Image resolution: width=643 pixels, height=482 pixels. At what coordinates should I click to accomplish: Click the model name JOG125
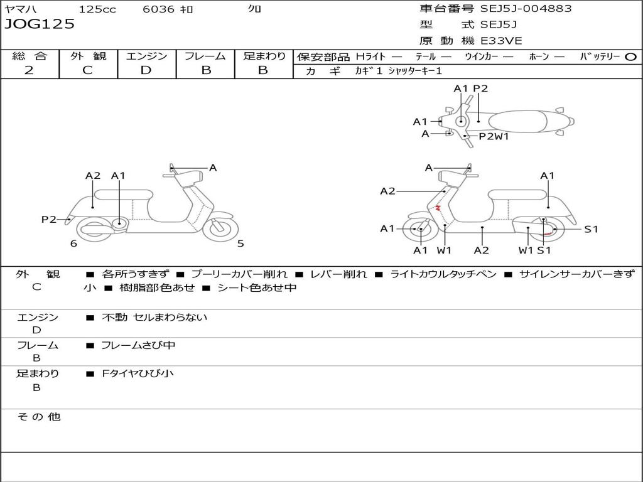point(40,24)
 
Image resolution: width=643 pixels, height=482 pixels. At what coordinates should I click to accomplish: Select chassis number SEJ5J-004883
point(526,9)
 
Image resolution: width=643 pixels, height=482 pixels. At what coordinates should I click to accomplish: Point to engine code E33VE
point(502,41)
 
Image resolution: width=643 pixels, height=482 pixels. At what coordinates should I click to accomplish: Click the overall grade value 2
point(29,70)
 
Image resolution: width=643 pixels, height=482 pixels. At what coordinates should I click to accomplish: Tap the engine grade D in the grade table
point(146,70)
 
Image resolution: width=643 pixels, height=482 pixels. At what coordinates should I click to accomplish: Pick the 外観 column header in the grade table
point(88,56)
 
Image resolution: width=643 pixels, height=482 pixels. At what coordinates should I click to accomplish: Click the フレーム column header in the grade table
point(205,56)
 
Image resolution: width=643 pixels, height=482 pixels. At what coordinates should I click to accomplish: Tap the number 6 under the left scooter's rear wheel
point(73,244)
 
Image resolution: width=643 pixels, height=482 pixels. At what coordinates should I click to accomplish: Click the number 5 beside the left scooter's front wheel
point(240,244)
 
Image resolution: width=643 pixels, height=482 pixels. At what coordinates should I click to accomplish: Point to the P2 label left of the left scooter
point(49,219)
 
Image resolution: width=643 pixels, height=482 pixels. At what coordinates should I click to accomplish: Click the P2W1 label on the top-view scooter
point(494,136)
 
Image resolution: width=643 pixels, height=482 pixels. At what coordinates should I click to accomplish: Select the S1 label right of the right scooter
point(592,229)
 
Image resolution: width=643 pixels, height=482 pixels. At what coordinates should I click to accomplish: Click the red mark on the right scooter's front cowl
point(438,207)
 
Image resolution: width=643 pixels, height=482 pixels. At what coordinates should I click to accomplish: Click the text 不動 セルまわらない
point(154,318)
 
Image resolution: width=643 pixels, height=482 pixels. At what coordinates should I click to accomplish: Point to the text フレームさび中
point(138,345)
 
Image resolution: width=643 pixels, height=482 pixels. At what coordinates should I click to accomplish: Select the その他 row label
point(38,417)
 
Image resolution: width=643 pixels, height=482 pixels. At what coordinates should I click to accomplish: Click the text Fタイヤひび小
point(138,373)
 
